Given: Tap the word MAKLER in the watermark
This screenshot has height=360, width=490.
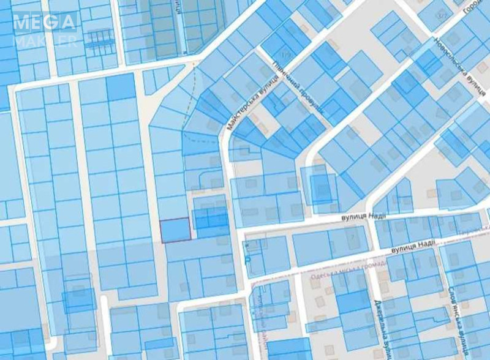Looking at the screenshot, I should pyautogui.click(x=45, y=41).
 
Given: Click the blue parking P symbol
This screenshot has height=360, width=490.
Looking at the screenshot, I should pyautogui.click(x=248, y=260).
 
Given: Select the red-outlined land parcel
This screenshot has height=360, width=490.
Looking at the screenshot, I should pyautogui.click(x=175, y=230).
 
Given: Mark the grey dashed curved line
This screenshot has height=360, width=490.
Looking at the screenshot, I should pyautogui.click(x=195, y=92).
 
